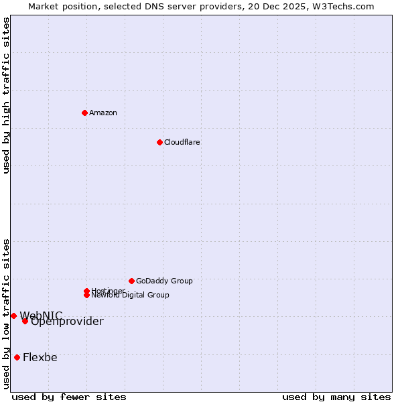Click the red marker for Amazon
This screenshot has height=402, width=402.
pyautogui.click(x=84, y=113)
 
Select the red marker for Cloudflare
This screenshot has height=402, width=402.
pyautogui.click(x=159, y=142)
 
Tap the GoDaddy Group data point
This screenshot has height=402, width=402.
pyautogui.click(x=131, y=281)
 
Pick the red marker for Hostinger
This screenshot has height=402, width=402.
pyautogui.click(x=86, y=291)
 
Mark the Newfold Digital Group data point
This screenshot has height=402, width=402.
pyautogui.click(x=87, y=295)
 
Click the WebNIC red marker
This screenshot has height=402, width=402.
pyautogui.click(x=13, y=316)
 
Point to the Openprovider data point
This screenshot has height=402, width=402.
pyautogui.click(x=25, y=321)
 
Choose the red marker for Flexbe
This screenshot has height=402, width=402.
pyautogui.click(x=17, y=357)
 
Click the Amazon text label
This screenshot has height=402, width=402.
pyautogui.click(x=103, y=113)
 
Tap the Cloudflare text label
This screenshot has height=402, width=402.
pyautogui.click(x=182, y=142)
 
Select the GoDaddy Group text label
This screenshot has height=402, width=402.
pyautogui.click(x=164, y=281)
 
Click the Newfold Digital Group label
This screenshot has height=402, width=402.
pyautogui.click(x=131, y=295)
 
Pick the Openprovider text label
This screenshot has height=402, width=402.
pyautogui.click(x=67, y=322)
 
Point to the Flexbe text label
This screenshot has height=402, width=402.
pyautogui.click(x=40, y=357)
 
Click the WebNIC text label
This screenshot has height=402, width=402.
pyautogui.click(x=41, y=315)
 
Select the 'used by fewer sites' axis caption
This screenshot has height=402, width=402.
pyautogui.click(x=68, y=397)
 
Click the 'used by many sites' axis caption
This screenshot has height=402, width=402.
pyautogui.click(x=336, y=397)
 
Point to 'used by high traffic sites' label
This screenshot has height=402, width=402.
pyautogui.click(x=7, y=95)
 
